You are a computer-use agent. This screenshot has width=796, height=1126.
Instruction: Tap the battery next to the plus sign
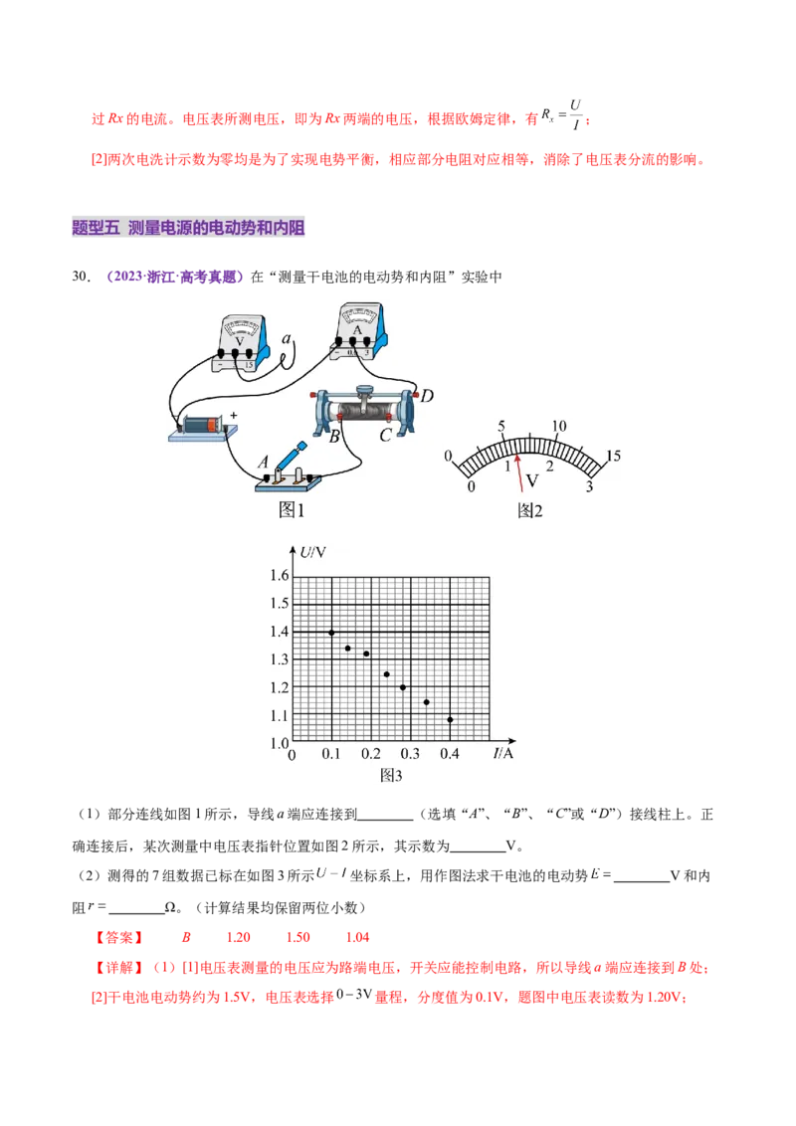pyautogui.click(x=202, y=424)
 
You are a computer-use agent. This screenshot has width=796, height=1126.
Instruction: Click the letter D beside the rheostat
pyautogui.click(x=426, y=397)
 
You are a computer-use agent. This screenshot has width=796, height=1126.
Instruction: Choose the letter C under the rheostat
pyautogui.click(x=384, y=434)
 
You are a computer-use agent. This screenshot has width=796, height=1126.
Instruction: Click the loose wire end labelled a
pyautogui.click(x=287, y=340)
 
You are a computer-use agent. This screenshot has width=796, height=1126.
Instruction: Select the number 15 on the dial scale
pyautogui.click(x=613, y=456)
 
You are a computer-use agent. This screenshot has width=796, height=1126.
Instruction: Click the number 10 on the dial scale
pyautogui.click(x=559, y=426)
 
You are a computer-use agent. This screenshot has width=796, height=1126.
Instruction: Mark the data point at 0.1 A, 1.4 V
pyautogui.click(x=331, y=633)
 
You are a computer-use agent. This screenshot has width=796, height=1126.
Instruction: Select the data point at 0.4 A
pyautogui.click(x=450, y=719)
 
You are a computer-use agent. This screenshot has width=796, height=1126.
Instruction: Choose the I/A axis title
pyautogui.click(x=503, y=753)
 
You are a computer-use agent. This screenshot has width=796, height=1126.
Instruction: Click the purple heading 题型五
pyautogui.click(x=96, y=228)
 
